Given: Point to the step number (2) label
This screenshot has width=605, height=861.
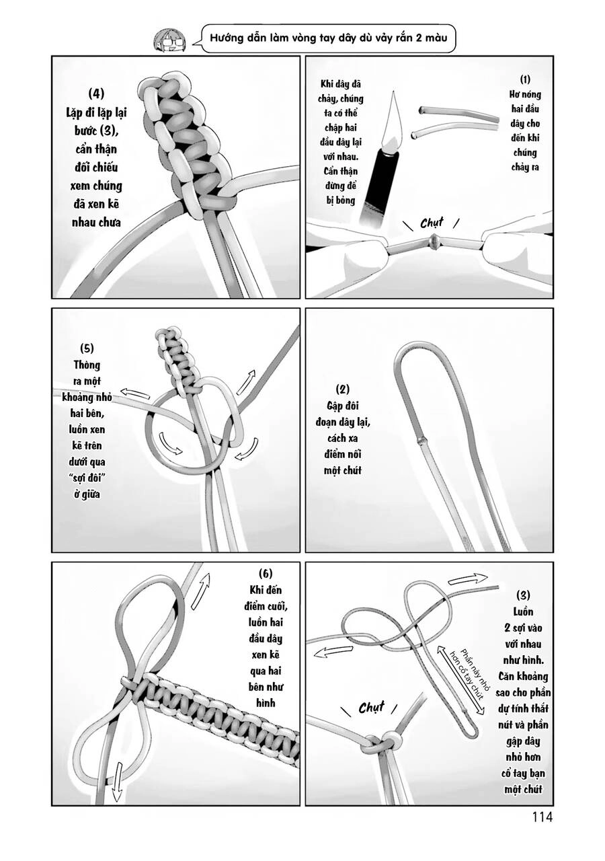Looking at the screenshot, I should pyautogui.click(x=342, y=389).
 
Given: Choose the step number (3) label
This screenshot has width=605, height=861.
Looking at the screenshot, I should pyautogui.click(x=523, y=595).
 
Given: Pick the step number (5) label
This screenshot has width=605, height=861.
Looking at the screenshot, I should pyautogui.click(x=86, y=348).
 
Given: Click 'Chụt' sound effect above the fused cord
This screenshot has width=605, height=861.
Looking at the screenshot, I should pyautogui.click(x=432, y=223).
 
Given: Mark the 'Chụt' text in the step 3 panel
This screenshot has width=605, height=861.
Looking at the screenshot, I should pyautogui.click(x=371, y=707).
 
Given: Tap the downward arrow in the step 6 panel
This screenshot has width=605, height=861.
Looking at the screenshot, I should pyautogui.click(x=116, y=785).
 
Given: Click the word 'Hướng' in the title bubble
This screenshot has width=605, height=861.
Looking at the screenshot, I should pyautogui.click(x=227, y=40).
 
